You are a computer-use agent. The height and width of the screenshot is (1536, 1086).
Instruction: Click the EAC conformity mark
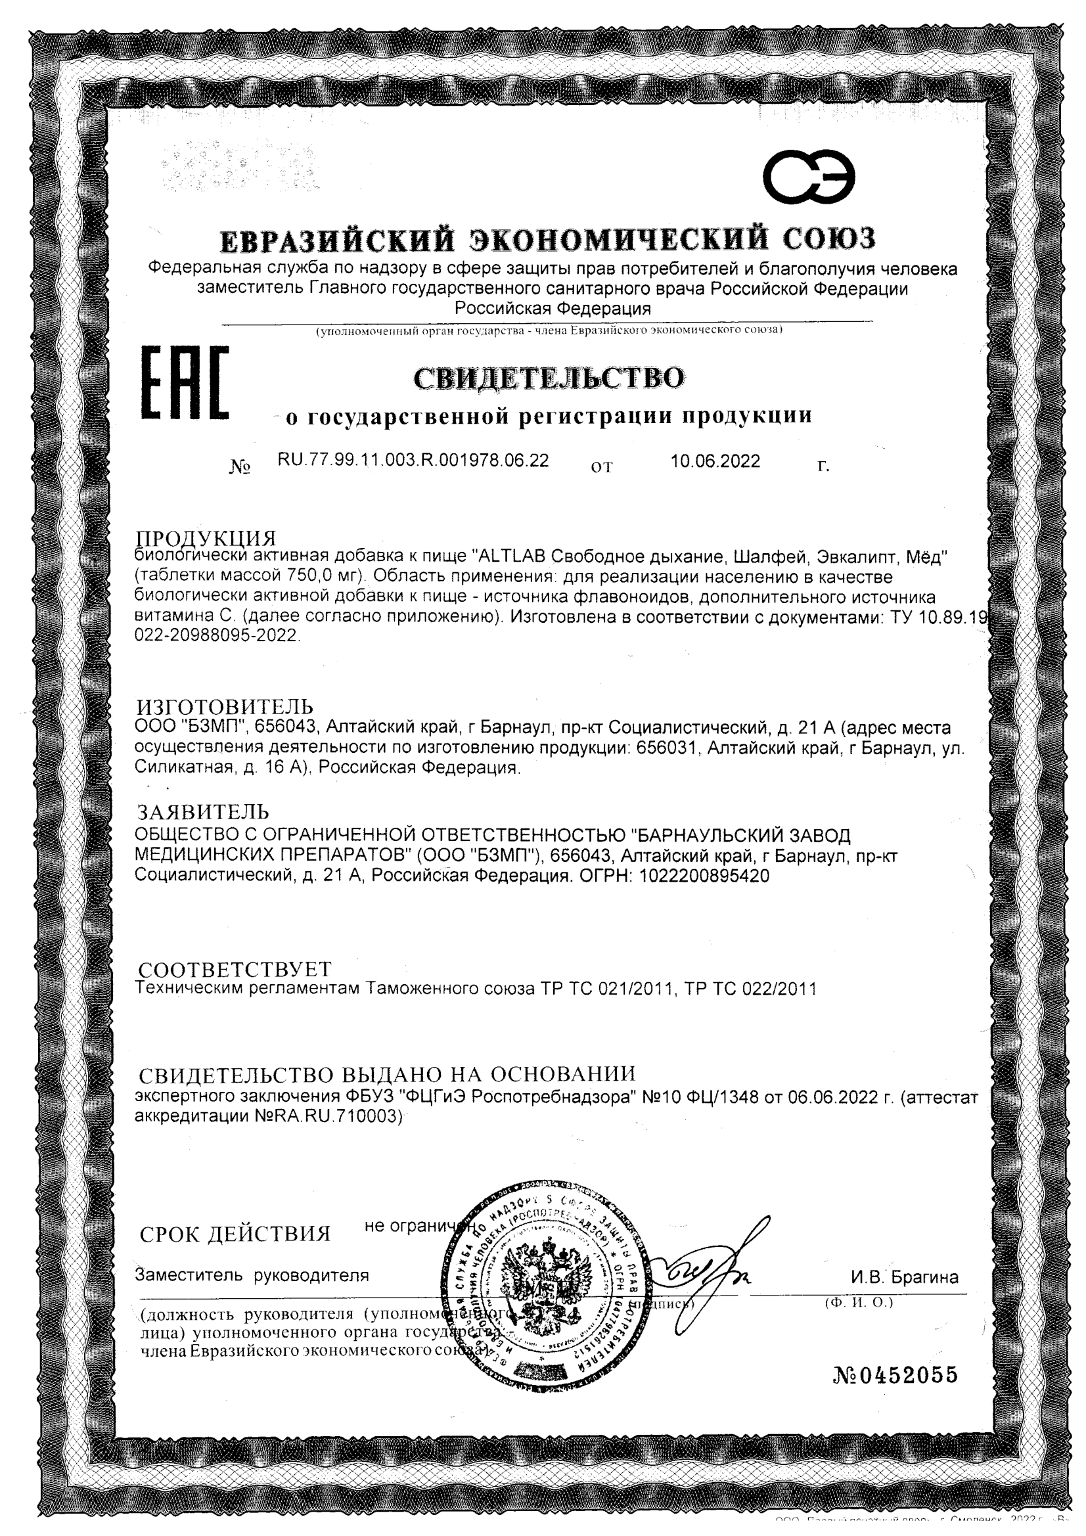[x=185, y=382]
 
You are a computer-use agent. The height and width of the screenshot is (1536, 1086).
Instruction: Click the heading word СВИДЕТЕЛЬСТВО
[x=549, y=378]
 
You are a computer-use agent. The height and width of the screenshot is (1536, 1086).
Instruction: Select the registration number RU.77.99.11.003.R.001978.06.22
[x=413, y=461]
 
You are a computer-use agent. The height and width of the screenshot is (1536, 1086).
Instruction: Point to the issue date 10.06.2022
[x=715, y=461]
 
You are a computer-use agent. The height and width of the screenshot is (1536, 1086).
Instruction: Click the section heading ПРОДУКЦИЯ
[x=206, y=539]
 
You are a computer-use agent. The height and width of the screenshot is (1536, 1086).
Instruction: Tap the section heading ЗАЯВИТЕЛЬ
[x=204, y=811]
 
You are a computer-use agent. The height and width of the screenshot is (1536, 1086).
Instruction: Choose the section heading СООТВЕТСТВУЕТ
[x=234, y=968]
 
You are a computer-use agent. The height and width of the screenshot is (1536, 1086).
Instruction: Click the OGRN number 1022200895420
[x=704, y=876]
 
